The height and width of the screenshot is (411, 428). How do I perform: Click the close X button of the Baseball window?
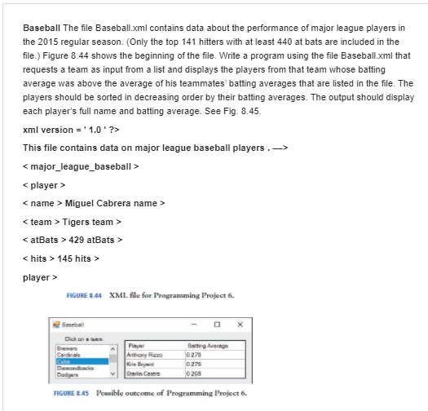(x=240, y=324)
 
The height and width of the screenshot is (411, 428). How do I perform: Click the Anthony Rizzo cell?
(x=148, y=353)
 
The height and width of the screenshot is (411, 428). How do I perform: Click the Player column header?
(x=138, y=345)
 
